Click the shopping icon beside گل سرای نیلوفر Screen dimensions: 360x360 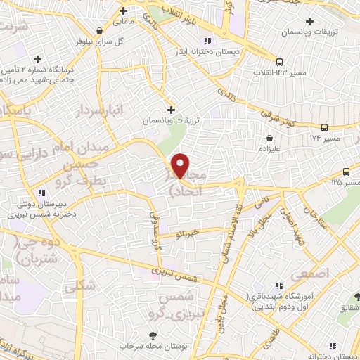point(103,31)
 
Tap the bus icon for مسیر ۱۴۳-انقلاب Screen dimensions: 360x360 point(278,62)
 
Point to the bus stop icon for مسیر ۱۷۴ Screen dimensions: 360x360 point(324,127)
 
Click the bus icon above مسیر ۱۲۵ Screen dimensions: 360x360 point(346,172)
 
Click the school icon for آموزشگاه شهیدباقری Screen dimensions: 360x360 point(279,285)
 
